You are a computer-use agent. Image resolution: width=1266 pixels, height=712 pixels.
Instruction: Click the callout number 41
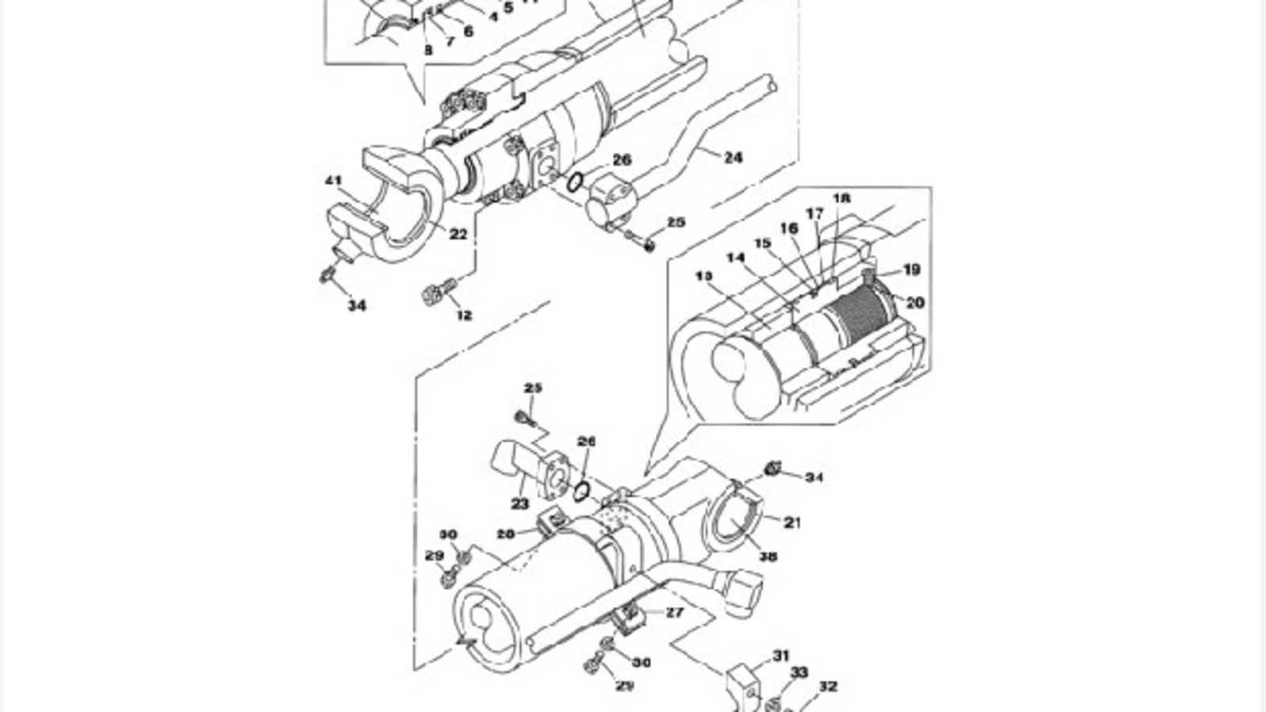click(x=333, y=181)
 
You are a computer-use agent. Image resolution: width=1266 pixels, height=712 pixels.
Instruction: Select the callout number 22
click(x=459, y=234)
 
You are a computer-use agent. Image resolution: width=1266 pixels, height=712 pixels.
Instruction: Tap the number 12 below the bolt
click(x=464, y=315)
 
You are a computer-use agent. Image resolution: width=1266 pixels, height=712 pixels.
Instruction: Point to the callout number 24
click(x=733, y=157)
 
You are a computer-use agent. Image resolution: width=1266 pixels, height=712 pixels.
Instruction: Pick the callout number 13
click(x=704, y=275)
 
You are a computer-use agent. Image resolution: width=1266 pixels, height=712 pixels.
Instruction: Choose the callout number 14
click(x=736, y=258)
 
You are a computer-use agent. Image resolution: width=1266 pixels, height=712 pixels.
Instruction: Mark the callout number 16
click(x=789, y=229)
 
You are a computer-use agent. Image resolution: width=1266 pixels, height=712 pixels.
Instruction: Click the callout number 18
click(x=841, y=198)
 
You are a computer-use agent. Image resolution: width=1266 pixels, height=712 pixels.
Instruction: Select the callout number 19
click(x=912, y=270)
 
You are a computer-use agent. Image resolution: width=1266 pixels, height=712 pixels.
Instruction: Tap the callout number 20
click(x=915, y=302)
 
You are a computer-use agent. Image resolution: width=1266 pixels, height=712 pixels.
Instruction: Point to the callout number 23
click(x=520, y=504)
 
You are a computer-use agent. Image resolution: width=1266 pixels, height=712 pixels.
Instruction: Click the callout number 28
click(x=506, y=534)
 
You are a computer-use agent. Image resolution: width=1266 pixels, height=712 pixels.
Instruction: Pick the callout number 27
click(x=674, y=612)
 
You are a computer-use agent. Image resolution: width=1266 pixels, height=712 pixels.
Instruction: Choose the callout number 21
click(x=793, y=522)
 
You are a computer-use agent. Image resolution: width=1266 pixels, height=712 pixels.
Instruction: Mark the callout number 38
click(x=768, y=556)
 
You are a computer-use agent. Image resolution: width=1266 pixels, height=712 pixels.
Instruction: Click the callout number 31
click(x=781, y=656)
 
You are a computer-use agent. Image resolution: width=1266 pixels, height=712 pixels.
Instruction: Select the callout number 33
click(x=800, y=672)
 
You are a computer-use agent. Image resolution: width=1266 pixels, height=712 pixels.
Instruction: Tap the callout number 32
click(x=828, y=687)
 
